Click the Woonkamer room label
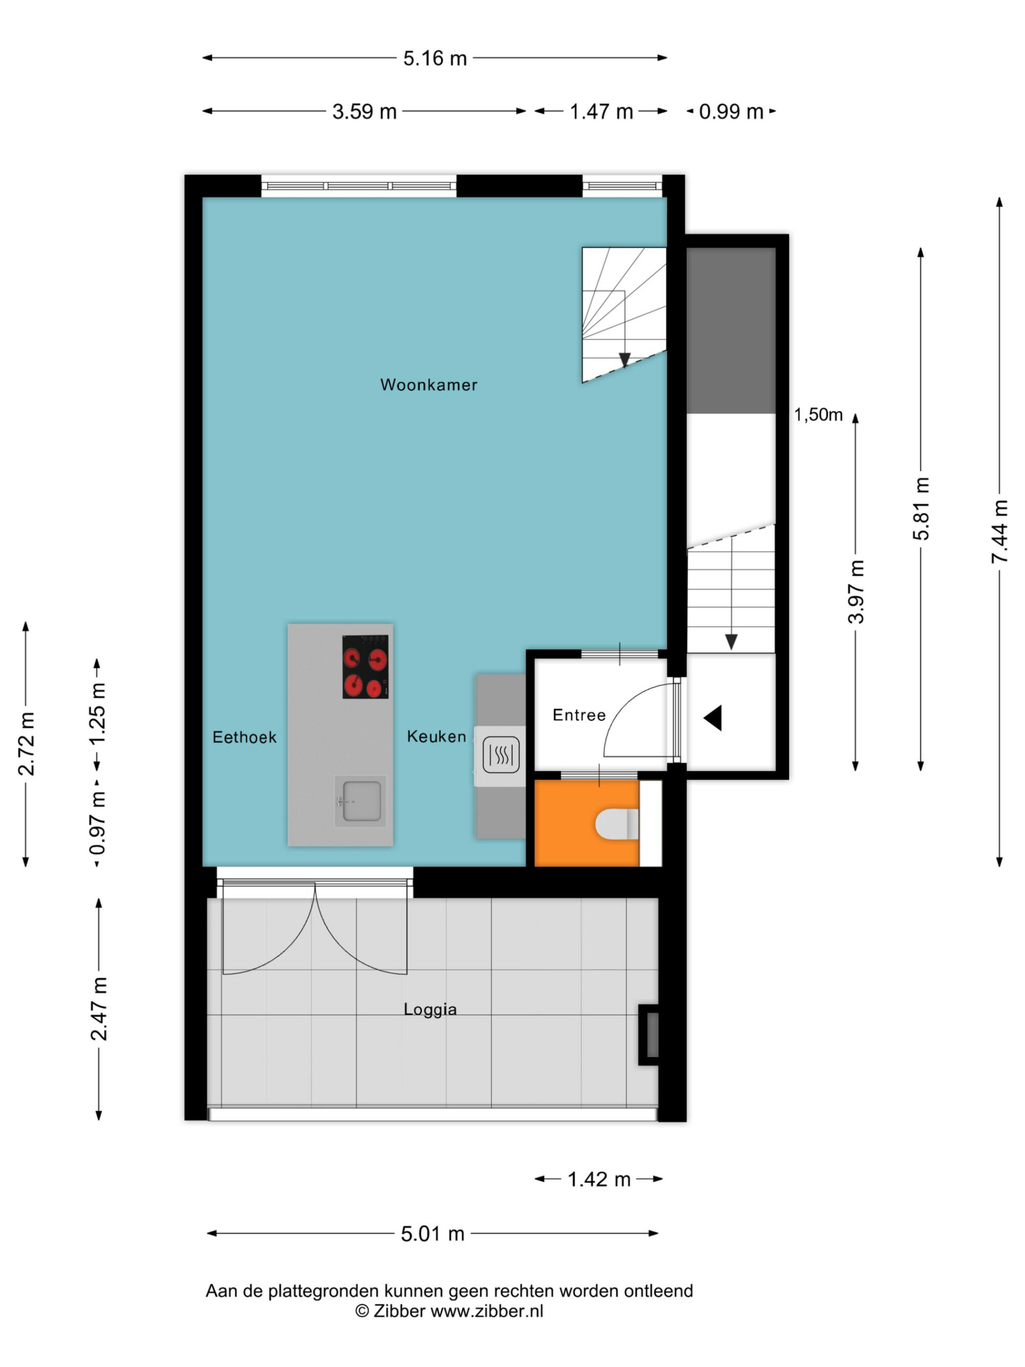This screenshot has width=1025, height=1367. [429, 385]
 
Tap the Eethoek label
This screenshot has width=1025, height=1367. [244, 737]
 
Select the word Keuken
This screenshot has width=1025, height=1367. [437, 737]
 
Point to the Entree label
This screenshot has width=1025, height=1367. [579, 715]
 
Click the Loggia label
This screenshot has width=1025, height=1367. [430, 1010]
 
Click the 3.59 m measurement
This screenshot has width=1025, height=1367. [364, 112]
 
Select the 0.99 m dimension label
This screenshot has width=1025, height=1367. [731, 112]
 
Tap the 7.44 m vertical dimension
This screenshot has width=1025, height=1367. [999, 532]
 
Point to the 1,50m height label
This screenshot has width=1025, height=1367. [818, 415]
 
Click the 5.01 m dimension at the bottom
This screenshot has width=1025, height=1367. [433, 1234]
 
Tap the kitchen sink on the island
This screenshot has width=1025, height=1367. [360, 802]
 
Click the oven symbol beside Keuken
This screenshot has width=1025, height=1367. [500, 755]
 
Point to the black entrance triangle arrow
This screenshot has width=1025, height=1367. [713, 719]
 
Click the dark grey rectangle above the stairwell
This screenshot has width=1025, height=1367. [731, 331]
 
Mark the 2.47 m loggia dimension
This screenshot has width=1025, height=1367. [99, 1009]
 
